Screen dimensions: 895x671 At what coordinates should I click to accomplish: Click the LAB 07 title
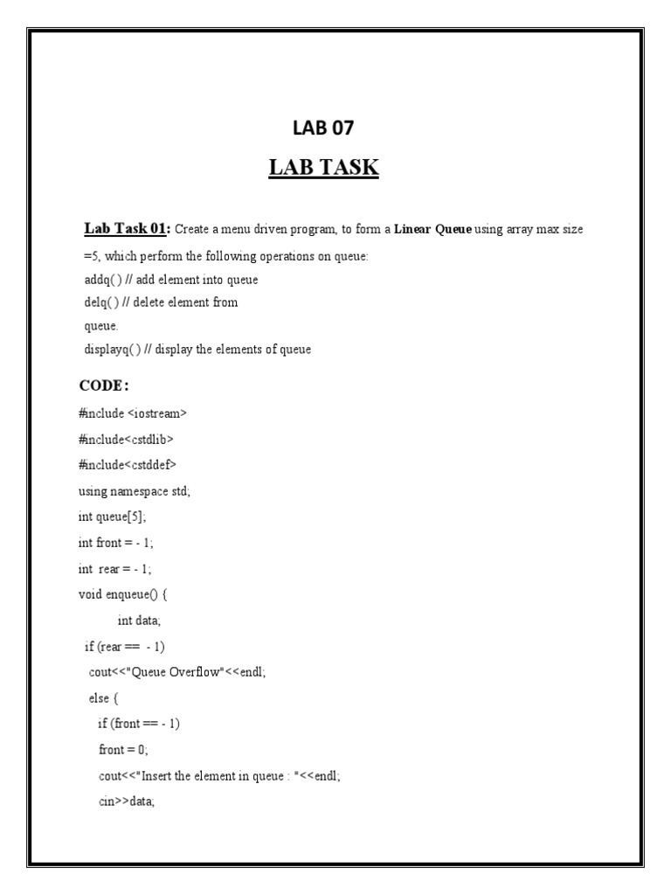pos(323,128)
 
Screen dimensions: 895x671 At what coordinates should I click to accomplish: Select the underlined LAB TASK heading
pos(323,167)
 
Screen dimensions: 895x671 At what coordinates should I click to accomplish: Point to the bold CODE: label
pos(104,386)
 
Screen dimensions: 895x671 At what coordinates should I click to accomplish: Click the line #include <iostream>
pos(133,413)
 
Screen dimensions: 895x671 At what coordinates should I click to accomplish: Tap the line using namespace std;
pos(135,491)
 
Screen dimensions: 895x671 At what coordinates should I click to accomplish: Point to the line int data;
pos(140,621)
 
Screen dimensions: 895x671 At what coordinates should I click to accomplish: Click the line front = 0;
pos(123,750)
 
